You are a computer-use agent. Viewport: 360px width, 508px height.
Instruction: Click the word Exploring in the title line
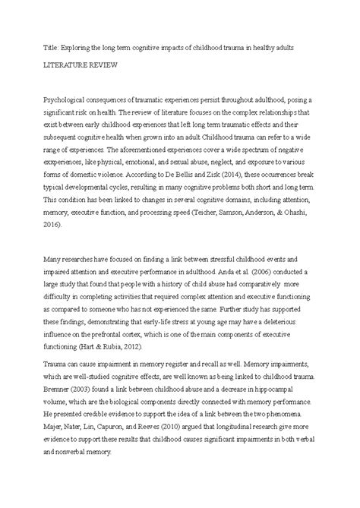[x=72, y=47]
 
